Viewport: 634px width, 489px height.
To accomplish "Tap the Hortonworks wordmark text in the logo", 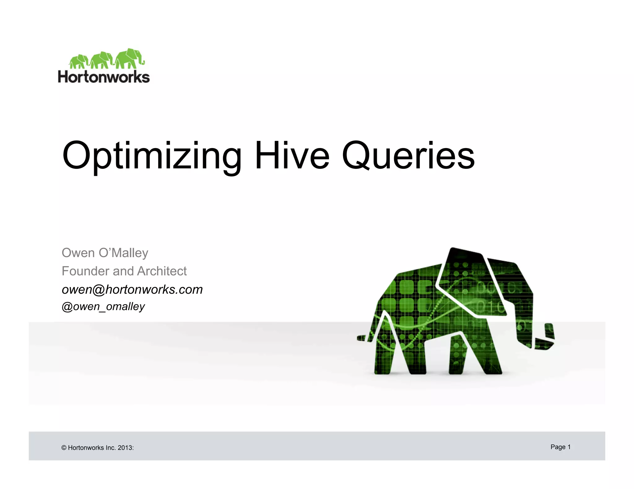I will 104,77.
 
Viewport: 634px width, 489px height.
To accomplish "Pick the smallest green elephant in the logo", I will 79,61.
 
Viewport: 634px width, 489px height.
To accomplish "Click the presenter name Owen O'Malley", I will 105,253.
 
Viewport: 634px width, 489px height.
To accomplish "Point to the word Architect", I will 162,271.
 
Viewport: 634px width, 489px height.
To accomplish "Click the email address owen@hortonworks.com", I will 132,290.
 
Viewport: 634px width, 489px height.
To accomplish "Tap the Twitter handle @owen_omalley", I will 103,306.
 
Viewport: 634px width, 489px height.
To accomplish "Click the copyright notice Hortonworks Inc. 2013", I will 101,448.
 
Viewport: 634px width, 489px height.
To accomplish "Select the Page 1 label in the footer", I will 560,447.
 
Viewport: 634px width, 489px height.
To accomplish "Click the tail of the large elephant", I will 362,338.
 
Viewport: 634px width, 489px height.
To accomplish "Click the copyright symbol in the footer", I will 64,448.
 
